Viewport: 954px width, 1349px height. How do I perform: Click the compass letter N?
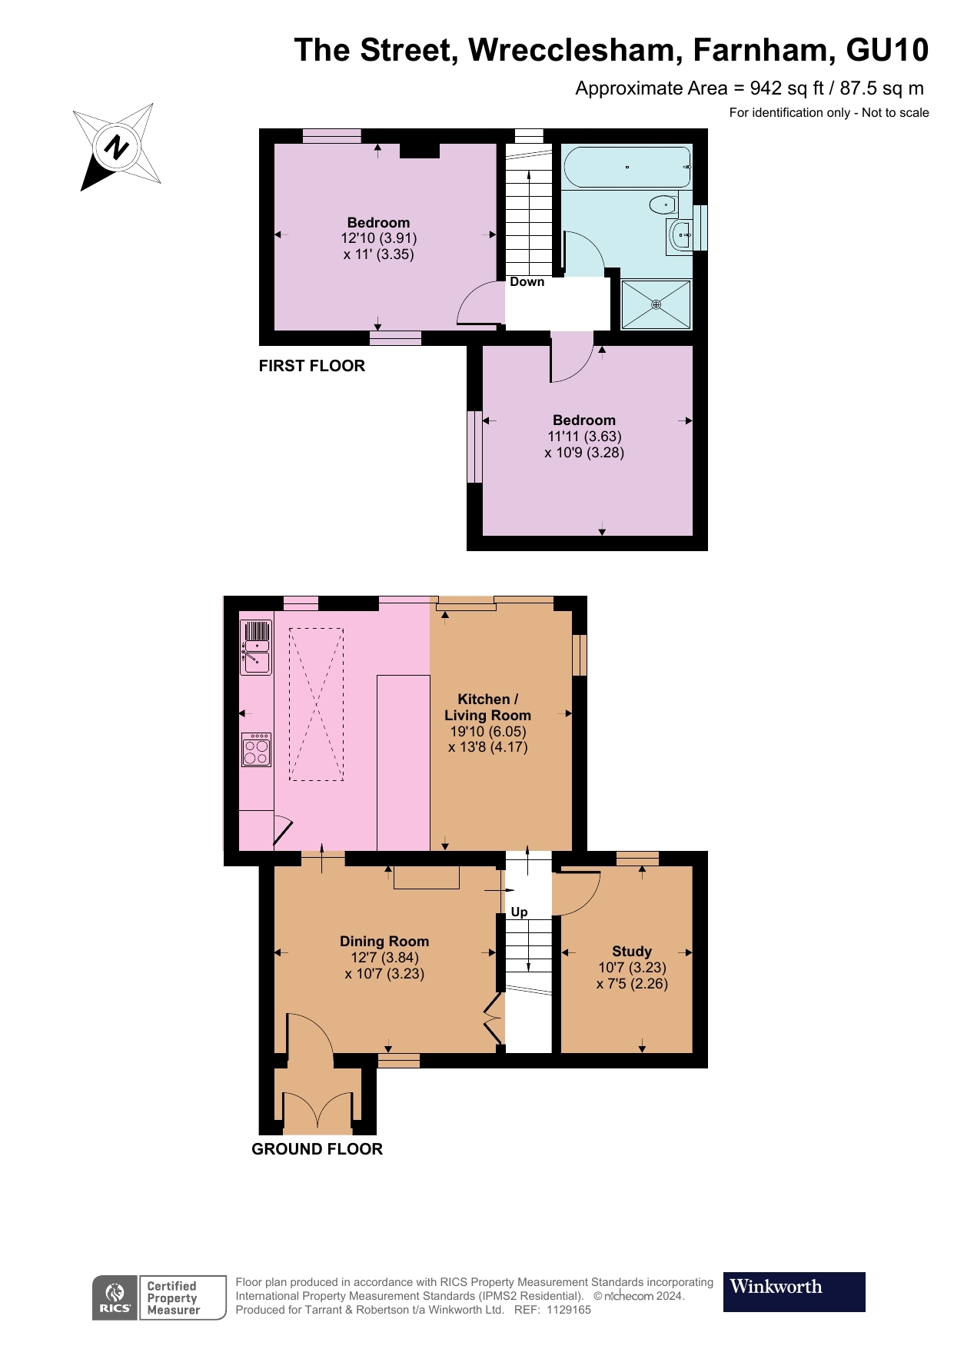pyautogui.click(x=118, y=146)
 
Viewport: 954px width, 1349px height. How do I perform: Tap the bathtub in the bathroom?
pyautogui.click(x=627, y=167)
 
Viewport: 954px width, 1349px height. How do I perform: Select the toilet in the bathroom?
pyautogui.click(x=662, y=204)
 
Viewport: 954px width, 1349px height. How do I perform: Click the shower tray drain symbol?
pyautogui.click(x=656, y=305)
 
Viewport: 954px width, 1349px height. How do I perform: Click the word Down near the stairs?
pyautogui.click(x=527, y=282)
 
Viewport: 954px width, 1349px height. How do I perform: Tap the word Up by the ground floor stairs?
pyautogui.click(x=519, y=912)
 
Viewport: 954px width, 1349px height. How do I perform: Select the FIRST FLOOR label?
pyautogui.click(x=311, y=366)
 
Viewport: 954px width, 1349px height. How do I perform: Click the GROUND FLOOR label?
pyautogui.click(x=317, y=1148)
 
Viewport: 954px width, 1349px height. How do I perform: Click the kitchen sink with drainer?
pyautogui.click(x=256, y=647)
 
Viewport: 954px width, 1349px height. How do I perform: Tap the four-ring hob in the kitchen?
pyautogui.click(x=257, y=750)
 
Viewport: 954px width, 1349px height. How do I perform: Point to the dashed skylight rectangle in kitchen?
pyautogui.click(x=316, y=704)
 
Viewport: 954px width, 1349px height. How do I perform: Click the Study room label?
pyautogui.click(x=631, y=951)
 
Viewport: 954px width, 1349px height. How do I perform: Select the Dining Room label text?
pyautogui.click(x=384, y=941)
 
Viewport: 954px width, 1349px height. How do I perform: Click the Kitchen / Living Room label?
pyautogui.click(x=487, y=707)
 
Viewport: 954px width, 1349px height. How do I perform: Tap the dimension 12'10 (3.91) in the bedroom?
pyautogui.click(x=378, y=238)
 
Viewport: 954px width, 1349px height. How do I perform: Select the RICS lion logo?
pyautogui.click(x=115, y=1297)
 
